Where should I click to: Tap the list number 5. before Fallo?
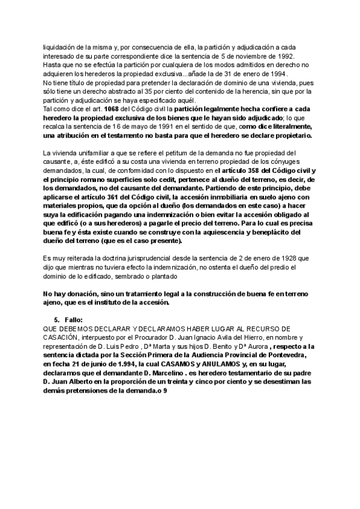57,320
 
